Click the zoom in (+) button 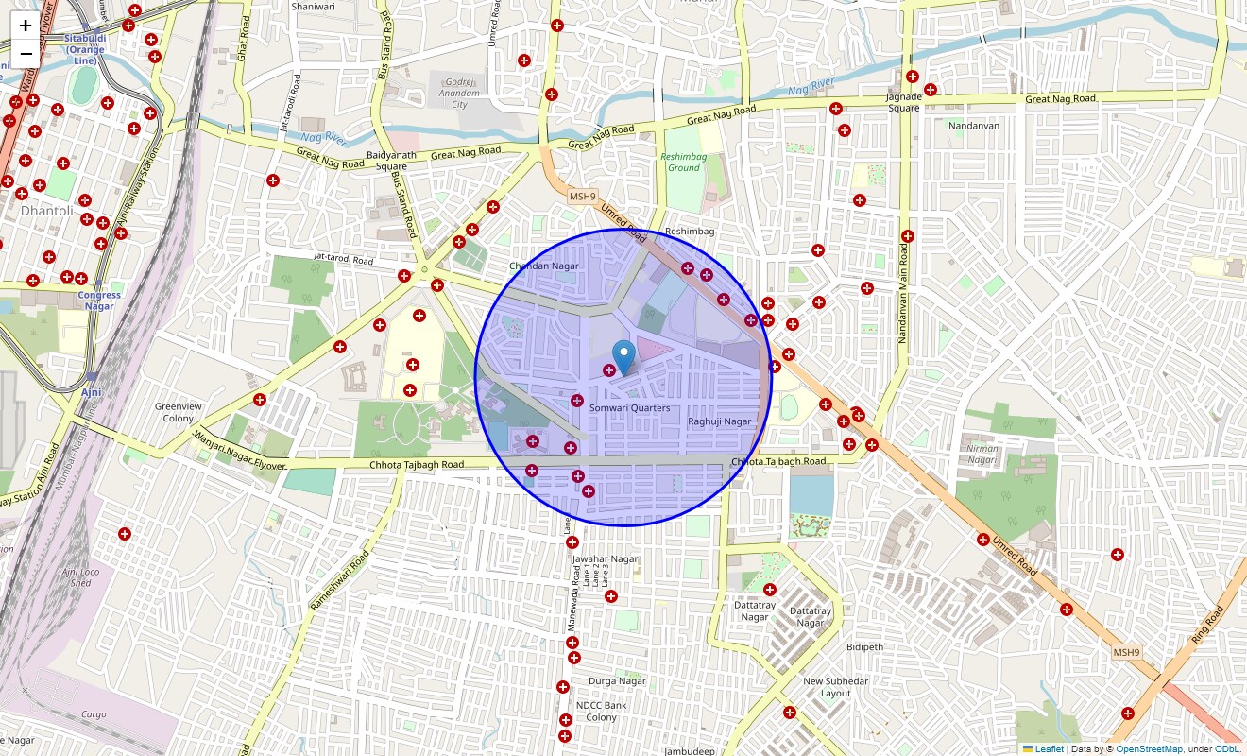pyautogui.click(x=26, y=26)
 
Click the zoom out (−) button pyautogui.click(x=26, y=53)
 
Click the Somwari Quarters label pyautogui.click(x=629, y=408)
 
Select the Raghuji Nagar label pyautogui.click(x=719, y=421)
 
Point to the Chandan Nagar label pyautogui.click(x=543, y=266)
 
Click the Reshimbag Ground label pyautogui.click(x=684, y=163)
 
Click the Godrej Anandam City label pyautogui.click(x=459, y=93)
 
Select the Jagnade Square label pyautogui.click(x=903, y=102)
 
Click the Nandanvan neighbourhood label pyautogui.click(x=973, y=126)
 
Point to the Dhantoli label pyautogui.click(x=46, y=211)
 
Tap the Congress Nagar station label pyautogui.click(x=99, y=301)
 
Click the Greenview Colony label pyautogui.click(x=178, y=412)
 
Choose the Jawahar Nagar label pyautogui.click(x=606, y=559)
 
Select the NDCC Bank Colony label pyautogui.click(x=601, y=711)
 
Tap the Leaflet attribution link pyautogui.click(x=1049, y=749)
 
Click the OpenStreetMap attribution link pyautogui.click(x=1149, y=749)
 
